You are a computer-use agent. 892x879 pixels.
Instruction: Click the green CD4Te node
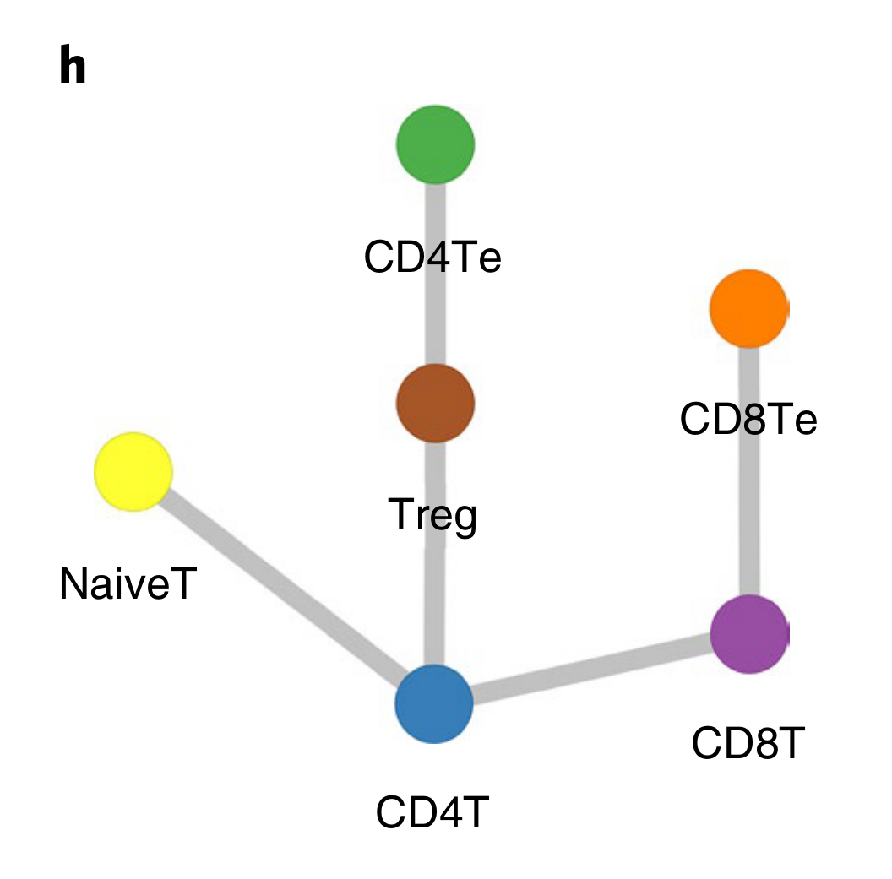[x=435, y=144]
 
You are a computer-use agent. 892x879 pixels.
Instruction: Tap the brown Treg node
[x=435, y=404]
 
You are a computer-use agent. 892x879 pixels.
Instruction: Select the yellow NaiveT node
[x=133, y=471]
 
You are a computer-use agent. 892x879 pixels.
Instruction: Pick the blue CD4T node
[x=434, y=703]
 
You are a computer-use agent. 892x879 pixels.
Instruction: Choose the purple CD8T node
[x=749, y=634]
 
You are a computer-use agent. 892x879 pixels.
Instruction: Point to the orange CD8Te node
[x=748, y=308]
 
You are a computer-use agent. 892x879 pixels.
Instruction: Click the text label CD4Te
[x=432, y=258]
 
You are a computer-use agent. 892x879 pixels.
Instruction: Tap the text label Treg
[x=432, y=515]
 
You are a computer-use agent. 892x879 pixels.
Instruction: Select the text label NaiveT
[x=127, y=584]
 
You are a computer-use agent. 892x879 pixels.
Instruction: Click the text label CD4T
[x=432, y=812]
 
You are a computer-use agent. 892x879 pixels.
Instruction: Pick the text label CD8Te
[x=748, y=420]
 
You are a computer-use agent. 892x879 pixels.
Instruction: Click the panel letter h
[x=73, y=67]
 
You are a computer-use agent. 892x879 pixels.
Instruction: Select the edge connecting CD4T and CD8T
[x=591, y=669]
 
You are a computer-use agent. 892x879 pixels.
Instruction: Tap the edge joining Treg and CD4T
[x=434, y=591]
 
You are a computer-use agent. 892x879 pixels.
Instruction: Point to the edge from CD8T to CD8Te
[x=748, y=507]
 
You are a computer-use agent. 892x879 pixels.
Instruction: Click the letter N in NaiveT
[x=71, y=584]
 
